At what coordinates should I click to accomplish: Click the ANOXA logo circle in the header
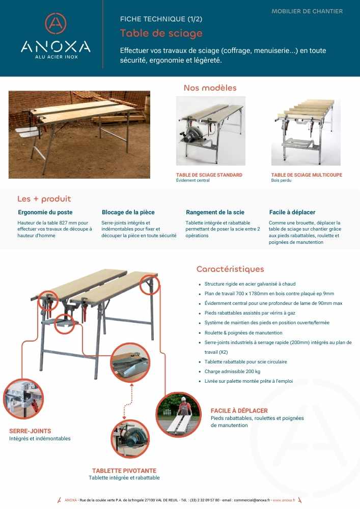click(56, 23)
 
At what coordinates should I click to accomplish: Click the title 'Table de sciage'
click(161, 34)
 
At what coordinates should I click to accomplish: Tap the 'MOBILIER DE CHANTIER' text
click(307, 11)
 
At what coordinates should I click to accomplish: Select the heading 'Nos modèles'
click(210, 88)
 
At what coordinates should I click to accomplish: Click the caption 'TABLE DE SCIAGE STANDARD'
click(209, 175)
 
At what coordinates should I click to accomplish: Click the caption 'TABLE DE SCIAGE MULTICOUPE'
click(307, 175)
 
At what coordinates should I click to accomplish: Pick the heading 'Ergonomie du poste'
click(45, 212)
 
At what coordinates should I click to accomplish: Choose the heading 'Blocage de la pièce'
click(128, 212)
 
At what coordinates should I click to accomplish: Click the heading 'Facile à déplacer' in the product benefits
click(292, 212)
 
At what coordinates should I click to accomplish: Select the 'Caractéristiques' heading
click(230, 269)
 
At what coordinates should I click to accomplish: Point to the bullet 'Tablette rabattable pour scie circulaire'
click(245, 362)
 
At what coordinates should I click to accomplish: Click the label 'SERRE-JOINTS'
click(30, 431)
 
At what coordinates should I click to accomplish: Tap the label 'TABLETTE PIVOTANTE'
click(124, 471)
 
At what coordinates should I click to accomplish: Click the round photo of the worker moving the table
click(178, 415)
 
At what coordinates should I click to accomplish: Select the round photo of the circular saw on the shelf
click(130, 439)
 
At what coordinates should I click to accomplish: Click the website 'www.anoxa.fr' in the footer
click(284, 500)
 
